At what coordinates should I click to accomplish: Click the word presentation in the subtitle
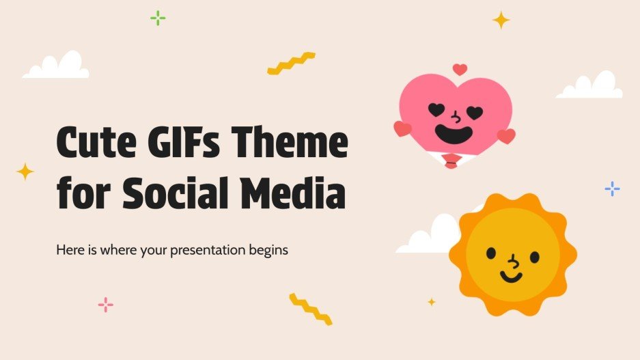pos(217,250)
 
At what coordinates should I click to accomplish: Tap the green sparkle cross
pos(158,18)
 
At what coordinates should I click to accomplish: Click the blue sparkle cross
pos(613,189)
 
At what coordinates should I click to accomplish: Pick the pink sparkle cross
pos(106,305)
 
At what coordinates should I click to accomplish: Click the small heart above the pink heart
pos(460,70)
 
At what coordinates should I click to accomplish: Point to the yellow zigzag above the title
pos(291,63)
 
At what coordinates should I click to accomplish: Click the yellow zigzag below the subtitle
pos(311,308)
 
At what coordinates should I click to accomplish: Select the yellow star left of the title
pos(25,171)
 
